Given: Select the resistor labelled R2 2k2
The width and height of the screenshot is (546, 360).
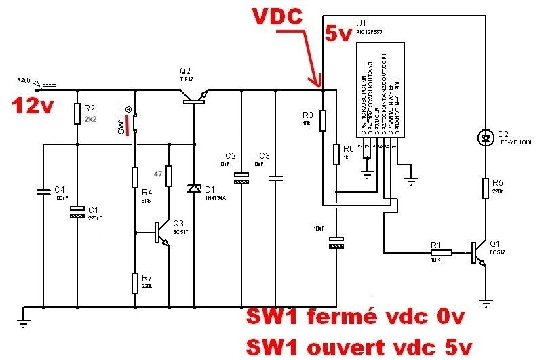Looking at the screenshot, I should [x=78, y=116].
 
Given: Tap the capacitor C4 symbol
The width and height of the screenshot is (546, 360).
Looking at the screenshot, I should [x=43, y=193].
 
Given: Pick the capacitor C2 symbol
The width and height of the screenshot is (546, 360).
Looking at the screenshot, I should [x=242, y=178].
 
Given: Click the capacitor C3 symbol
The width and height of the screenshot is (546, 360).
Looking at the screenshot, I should [x=275, y=178].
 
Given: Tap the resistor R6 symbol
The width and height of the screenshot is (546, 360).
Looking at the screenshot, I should [x=336, y=155].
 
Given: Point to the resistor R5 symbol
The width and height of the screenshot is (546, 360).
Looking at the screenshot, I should [x=485, y=186].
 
